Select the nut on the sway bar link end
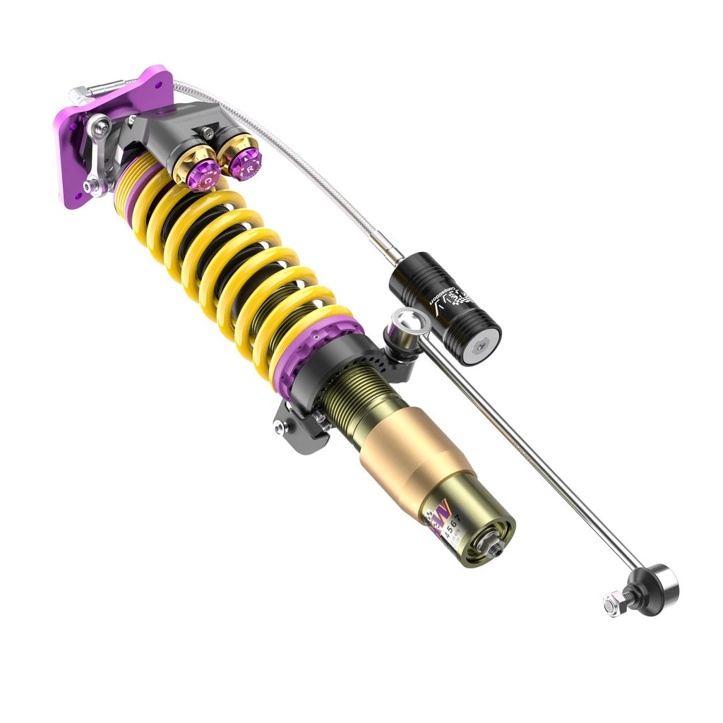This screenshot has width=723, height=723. point(611,604)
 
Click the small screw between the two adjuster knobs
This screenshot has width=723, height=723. point(207,131)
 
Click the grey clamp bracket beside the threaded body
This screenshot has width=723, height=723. point(297,431)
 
